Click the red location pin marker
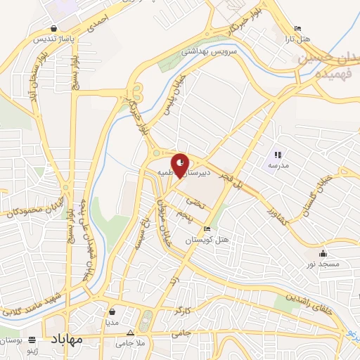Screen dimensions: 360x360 (x=181, y=165)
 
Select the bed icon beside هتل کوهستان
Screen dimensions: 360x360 (x=206, y=229)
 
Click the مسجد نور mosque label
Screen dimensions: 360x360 (x=322, y=264)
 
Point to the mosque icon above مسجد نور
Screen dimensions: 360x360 (x=322, y=254)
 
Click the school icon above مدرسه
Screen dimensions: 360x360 (x=279, y=154)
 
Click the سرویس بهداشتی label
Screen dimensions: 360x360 (x=211, y=51)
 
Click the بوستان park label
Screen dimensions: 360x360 (x=13, y=341)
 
